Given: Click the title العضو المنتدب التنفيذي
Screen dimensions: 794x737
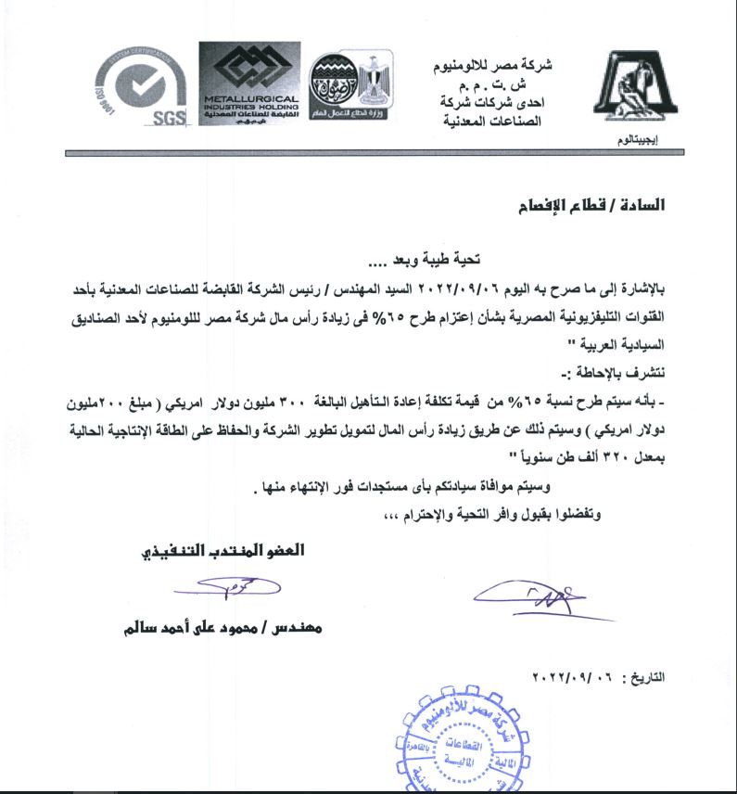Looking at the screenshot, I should pos(222,550).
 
